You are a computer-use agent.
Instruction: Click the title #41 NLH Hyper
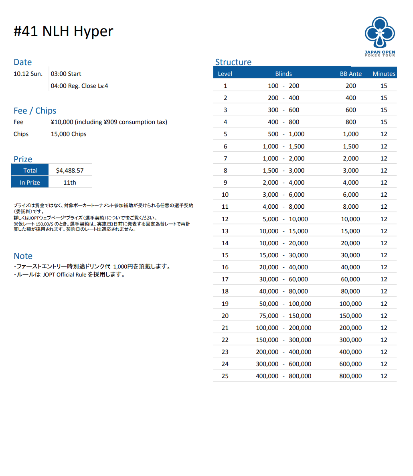point(63,31)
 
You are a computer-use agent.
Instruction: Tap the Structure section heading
point(233,62)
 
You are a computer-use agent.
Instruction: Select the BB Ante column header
point(350,73)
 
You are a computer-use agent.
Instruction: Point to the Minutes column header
point(384,73)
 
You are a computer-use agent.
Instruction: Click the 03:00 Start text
point(66,74)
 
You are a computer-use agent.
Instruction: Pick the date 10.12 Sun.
point(28,74)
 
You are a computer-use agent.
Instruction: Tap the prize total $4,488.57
point(70,170)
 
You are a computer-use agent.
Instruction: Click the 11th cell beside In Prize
point(70,182)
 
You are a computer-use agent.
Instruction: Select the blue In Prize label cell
point(30,182)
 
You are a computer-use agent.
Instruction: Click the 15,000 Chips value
point(69,134)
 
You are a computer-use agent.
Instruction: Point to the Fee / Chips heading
point(35,111)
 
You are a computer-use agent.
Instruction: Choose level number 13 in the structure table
point(225,231)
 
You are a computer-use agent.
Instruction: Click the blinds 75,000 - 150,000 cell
point(283,316)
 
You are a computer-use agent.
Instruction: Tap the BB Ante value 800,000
point(350,376)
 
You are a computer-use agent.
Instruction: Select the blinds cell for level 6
point(283,146)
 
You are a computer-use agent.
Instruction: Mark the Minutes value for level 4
point(384,122)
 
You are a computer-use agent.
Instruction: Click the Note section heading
point(23,256)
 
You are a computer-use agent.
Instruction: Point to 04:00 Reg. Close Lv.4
point(79,86)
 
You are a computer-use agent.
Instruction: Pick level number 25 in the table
point(225,376)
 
